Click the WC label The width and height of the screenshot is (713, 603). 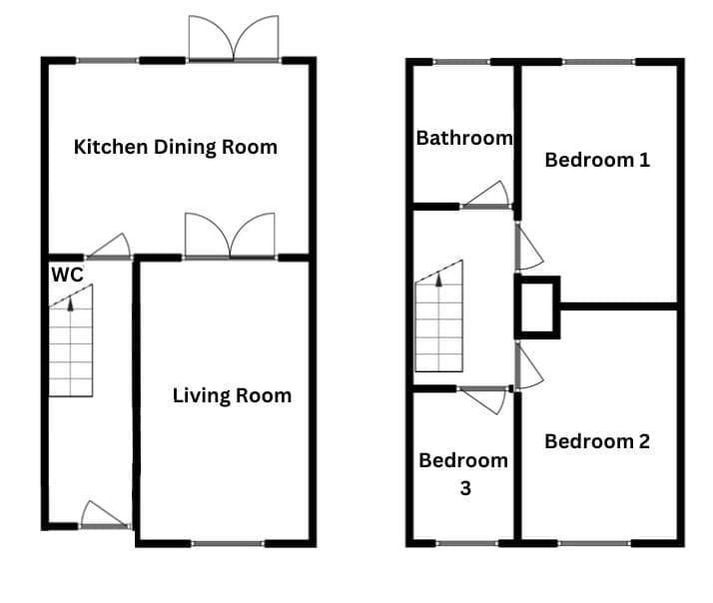[67, 275]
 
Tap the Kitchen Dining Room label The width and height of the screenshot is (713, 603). [176, 148]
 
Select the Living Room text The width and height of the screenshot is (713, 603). [232, 395]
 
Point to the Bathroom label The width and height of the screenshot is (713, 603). [464, 138]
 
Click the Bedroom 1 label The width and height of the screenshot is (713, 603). [597, 160]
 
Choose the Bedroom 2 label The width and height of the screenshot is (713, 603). [597, 441]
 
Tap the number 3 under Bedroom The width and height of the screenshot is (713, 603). [465, 488]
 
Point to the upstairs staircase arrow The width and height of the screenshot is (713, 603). [438, 279]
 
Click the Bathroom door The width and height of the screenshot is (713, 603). [485, 195]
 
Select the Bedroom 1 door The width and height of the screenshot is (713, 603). [528, 247]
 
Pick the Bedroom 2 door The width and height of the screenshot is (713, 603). [529, 365]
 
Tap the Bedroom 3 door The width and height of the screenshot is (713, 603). [483, 399]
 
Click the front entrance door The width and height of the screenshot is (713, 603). [105, 515]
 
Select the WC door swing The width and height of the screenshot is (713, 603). [109, 247]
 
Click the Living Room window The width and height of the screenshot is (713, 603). [228, 543]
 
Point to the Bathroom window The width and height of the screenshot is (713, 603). [461, 62]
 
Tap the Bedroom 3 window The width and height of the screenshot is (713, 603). [467, 543]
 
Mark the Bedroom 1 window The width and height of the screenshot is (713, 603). [598, 62]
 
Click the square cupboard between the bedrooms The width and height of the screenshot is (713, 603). [537, 306]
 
